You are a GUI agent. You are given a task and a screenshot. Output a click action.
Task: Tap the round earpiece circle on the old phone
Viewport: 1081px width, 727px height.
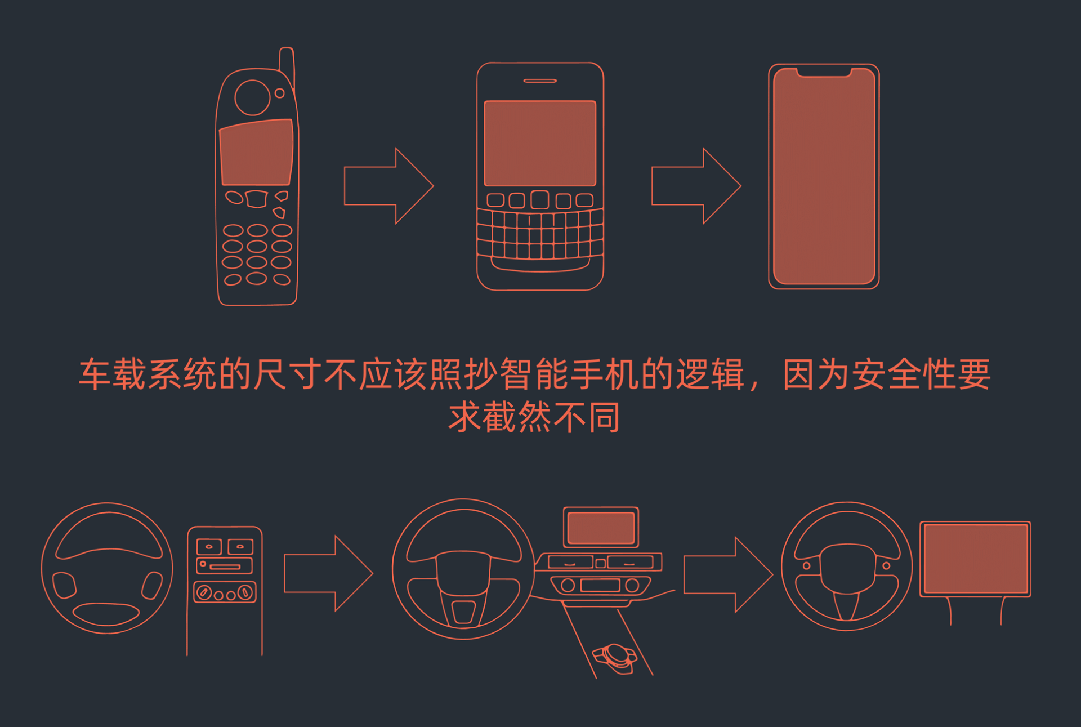click(x=252, y=97)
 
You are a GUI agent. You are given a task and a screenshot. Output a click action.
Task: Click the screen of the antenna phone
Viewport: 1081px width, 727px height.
click(x=256, y=152)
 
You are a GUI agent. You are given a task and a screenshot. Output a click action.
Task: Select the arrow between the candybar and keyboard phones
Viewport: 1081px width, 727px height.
click(x=388, y=186)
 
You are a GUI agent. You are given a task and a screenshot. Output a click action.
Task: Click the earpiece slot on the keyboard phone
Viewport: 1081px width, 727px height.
click(x=540, y=81)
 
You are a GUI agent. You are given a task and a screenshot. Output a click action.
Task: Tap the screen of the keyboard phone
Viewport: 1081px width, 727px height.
click(x=540, y=143)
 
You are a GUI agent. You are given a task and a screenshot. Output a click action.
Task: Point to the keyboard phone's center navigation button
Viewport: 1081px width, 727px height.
click(x=540, y=200)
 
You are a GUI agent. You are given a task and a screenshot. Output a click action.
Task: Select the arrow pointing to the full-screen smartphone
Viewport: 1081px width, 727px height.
click(x=696, y=186)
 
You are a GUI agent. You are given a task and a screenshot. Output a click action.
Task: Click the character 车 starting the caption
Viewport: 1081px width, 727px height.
click(x=95, y=374)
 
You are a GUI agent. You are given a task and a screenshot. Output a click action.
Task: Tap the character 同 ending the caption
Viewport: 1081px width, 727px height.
click(x=604, y=417)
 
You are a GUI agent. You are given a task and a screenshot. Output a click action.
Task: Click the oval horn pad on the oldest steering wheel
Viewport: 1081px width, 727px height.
click(x=106, y=613)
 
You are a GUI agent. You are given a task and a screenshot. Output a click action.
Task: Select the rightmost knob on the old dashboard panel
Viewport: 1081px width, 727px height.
click(x=245, y=592)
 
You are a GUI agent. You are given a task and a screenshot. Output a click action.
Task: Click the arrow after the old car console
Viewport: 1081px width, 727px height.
click(x=328, y=573)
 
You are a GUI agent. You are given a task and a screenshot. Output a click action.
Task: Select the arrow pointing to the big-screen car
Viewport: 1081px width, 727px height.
click(x=728, y=574)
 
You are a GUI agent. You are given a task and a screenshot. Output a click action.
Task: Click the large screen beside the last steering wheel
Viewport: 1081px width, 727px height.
click(x=976, y=559)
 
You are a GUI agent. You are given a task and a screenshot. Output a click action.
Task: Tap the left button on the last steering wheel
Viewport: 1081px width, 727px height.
click(x=807, y=565)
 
